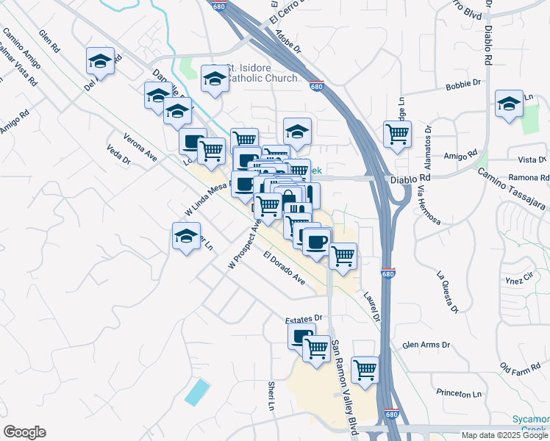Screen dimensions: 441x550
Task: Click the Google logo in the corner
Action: pos(24,432)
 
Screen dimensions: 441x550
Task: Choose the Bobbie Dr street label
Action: pos(463,86)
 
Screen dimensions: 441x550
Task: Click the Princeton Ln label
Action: pos(457,394)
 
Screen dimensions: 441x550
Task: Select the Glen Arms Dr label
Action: pos(426,345)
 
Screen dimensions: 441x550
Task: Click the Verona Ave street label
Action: pos(140,146)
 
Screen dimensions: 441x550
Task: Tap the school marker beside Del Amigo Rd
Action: pos(100,62)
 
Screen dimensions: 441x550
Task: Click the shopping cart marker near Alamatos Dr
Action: pos(397,135)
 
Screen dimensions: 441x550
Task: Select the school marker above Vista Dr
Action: pos(508,104)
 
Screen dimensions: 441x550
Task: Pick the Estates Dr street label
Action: pos(304,318)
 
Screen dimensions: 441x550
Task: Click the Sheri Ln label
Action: pos(271,395)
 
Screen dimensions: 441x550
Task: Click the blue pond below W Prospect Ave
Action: pos(196,391)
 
